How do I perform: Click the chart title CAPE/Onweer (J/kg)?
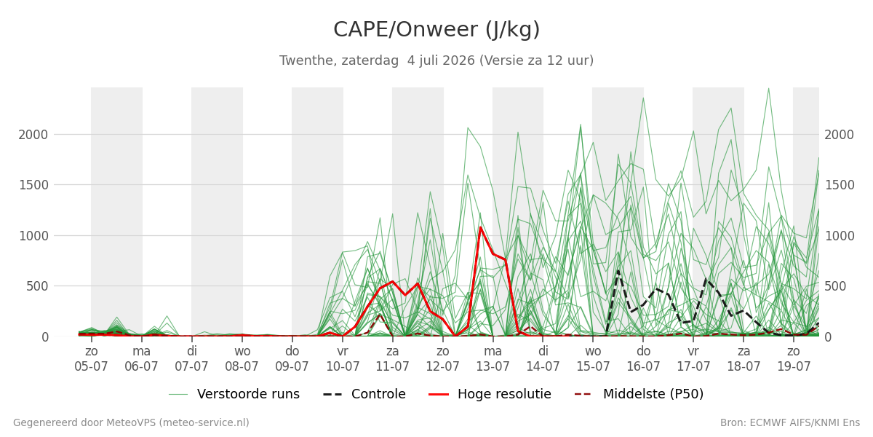(436, 30)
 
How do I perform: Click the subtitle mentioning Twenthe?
(436, 60)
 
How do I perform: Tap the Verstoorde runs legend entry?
(234, 394)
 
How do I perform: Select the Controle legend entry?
(364, 394)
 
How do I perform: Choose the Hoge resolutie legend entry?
(490, 394)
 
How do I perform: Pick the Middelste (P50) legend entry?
(639, 394)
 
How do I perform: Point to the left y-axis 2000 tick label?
(33, 135)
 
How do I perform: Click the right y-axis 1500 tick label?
(839, 185)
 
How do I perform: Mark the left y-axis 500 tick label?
(37, 286)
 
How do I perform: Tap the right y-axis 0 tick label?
(828, 337)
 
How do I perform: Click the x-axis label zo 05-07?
(91, 359)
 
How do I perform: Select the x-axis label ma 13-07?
(493, 359)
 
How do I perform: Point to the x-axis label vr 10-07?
(343, 359)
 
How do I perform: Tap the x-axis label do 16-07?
(643, 359)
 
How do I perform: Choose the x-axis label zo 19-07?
(794, 359)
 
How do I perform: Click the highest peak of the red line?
(480, 227)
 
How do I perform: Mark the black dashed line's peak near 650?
(618, 270)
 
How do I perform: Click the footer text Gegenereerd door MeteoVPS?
(131, 423)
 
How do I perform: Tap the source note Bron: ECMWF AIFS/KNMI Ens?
(790, 423)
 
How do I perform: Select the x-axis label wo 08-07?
(242, 359)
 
